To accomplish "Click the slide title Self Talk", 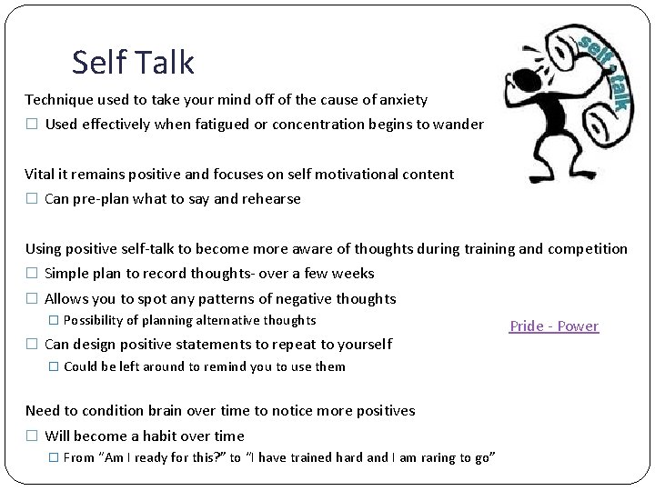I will [133, 62].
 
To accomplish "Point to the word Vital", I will [41, 174].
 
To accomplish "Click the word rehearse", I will [270, 199].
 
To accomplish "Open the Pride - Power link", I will [553, 326].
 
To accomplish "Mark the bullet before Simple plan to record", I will [31, 274].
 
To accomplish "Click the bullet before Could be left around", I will [52, 367].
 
